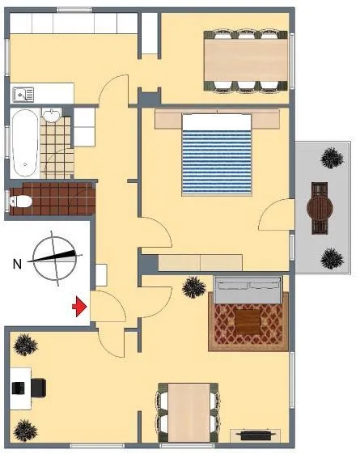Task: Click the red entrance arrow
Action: (79, 307)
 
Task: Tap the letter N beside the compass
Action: (17, 264)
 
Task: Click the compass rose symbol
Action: (54, 257)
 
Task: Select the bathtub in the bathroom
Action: (25, 143)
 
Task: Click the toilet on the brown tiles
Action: (19, 202)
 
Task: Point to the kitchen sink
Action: (23, 95)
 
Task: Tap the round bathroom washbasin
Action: (53, 116)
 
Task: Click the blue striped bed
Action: (217, 155)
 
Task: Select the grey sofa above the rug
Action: (248, 290)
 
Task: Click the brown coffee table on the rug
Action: (248, 323)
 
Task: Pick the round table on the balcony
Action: (320, 208)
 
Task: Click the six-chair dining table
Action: (246, 60)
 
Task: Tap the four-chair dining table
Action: (188, 412)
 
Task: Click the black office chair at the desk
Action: (39, 388)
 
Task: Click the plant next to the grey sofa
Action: (194, 287)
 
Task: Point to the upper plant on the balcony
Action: (332, 158)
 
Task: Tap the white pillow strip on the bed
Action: (217, 122)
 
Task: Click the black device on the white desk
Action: (19, 388)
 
